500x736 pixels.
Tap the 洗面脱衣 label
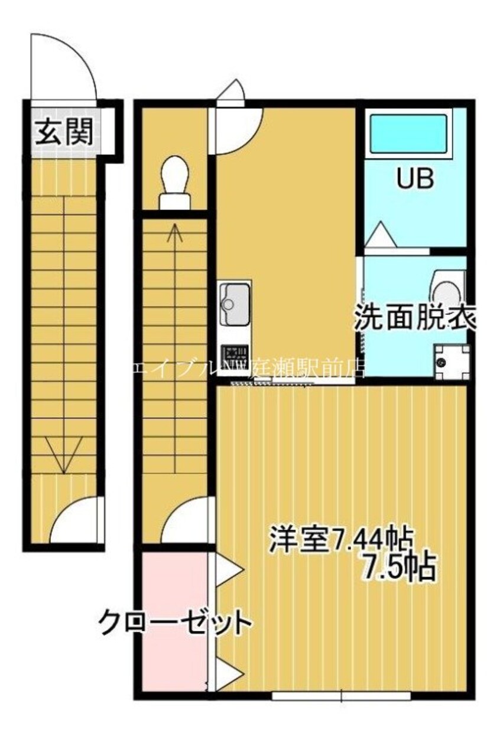click(x=415, y=319)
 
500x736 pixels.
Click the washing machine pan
click(x=450, y=362)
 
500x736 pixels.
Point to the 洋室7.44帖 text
click(x=340, y=539)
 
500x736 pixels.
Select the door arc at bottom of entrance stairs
click(x=77, y=520)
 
